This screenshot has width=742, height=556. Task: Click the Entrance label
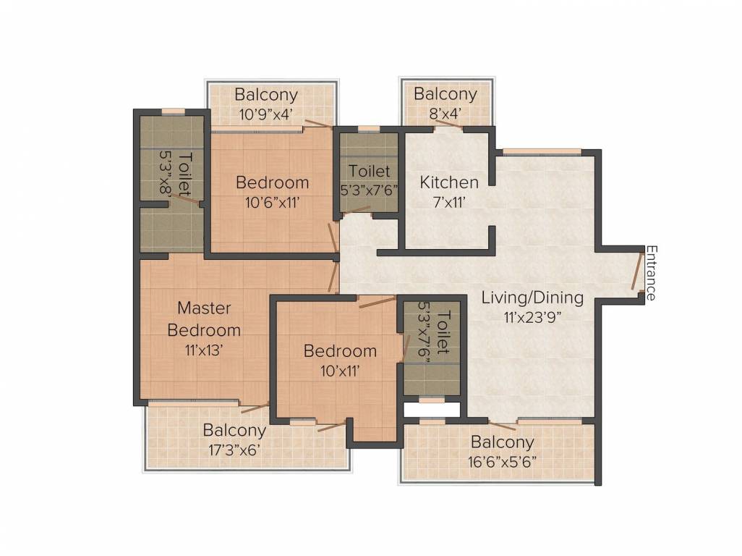click(652, 273)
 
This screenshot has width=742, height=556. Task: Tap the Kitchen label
click(449, 182)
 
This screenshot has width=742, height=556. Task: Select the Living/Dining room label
click(532, 298)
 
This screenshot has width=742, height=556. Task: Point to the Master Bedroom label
click(204, 319)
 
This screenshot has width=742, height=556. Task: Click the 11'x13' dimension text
click(204, 350)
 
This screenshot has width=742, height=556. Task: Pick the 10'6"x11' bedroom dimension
click(272, 203)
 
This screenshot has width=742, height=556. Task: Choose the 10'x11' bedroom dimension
click(340, 371)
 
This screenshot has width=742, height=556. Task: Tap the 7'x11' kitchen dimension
click(450, 203)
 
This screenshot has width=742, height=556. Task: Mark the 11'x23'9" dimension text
click(532, 317)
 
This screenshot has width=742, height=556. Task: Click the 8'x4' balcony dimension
click(445, 114)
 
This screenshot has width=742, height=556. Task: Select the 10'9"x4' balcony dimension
click(267, 114)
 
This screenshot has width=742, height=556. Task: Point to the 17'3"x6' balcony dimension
click(234, 450)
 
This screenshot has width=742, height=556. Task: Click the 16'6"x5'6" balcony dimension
click(502, 461)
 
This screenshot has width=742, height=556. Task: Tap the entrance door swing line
click(637, 271)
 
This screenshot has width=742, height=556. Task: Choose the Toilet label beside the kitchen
click(369, 171)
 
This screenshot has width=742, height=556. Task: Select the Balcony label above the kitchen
click(445, 94)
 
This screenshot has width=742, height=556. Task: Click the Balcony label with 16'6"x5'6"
click(502, 442)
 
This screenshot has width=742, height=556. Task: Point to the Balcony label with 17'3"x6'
click(234, 430)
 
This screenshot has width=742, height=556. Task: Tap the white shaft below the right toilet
click(432, 410)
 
